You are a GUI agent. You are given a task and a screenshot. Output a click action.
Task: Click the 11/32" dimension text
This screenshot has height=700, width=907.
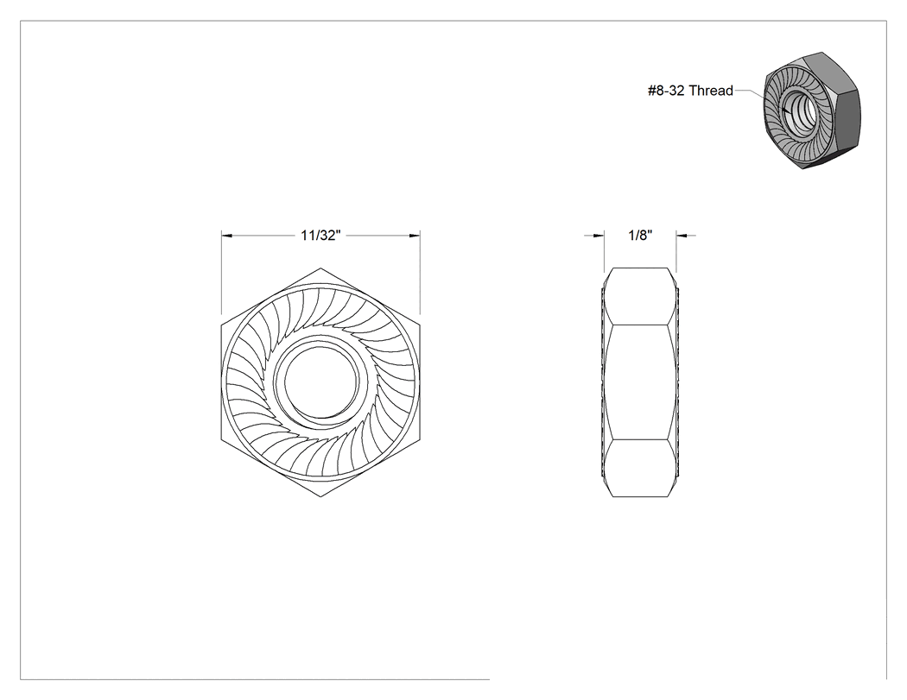click(320, 236)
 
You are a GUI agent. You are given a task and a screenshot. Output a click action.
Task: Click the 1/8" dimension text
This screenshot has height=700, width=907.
click(640, 236)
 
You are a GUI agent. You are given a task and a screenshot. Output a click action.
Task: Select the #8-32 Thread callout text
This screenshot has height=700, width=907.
click(690, 91)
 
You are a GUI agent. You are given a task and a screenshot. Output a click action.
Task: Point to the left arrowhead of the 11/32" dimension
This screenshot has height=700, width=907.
click(226, 236)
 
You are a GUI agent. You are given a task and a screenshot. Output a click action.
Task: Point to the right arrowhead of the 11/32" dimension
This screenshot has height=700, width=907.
click(415, 236)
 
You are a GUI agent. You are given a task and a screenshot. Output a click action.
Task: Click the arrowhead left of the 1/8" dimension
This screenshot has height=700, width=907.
click(599, 236)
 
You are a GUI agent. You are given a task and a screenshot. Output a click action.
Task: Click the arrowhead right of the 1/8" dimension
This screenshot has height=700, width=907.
click(682, 236)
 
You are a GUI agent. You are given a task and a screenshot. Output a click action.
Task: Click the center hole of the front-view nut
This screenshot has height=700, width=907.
click(317, 382)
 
